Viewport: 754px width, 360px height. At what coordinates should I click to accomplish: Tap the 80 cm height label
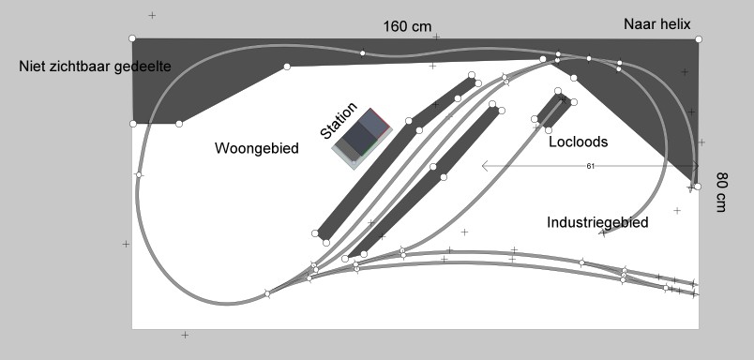(x=722, y=192)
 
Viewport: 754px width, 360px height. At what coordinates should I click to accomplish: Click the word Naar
(x=641, y=23)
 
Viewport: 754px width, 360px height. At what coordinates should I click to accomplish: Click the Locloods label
(x=578, y=142)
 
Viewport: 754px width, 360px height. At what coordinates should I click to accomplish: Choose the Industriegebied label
(x=597, y=222)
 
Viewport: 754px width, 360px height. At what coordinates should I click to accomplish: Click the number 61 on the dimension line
(x=590, y=166)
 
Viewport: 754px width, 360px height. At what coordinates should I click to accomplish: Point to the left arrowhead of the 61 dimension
(x=485, y=166)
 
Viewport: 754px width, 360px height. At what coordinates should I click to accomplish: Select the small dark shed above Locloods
(x=553, y=110)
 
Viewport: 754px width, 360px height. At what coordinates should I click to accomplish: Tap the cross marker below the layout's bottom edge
(x=185, y=335)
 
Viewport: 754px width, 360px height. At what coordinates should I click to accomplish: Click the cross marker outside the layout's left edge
(x=126, y=244)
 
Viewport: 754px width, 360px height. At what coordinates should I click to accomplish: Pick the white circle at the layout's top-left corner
(x=132, y=38)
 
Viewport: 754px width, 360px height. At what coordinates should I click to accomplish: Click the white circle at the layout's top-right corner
(x=699, y=38)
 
